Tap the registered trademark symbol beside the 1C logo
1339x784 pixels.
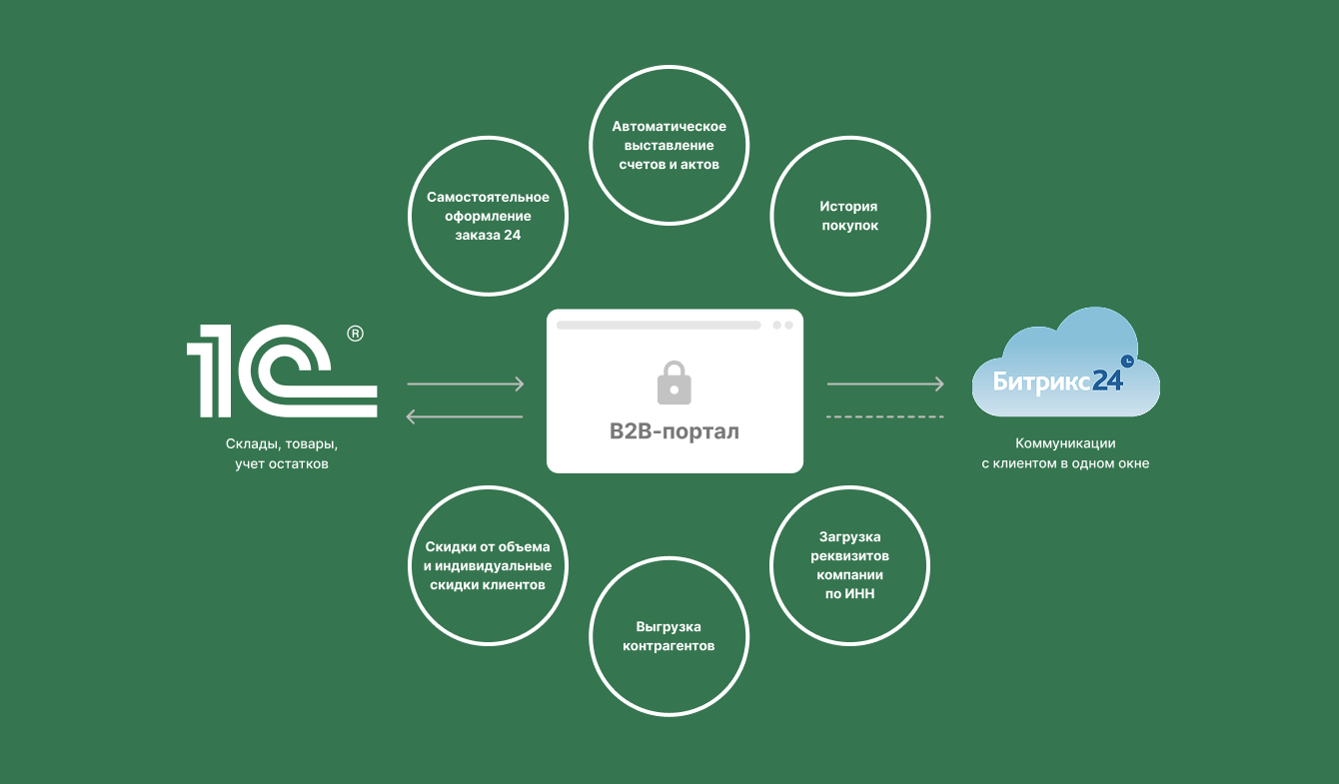[355, 335]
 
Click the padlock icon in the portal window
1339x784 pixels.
[673, 383]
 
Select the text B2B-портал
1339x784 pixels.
[674, 432]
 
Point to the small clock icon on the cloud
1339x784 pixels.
[1127, 360]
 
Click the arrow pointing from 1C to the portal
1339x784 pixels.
[466, 384]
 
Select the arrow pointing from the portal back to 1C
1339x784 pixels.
[466, 416]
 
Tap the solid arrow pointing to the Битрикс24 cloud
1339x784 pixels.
[885, 384]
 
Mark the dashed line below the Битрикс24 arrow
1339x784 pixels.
[885, 416]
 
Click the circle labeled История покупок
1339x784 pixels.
[849, 217]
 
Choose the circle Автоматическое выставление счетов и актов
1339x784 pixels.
[669, 146]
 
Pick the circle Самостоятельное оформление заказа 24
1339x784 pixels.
[488, 217]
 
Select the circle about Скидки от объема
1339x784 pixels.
[488, 565]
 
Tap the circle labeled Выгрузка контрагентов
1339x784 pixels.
[669, 636]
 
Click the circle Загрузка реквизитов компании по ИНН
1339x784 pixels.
[849, 565]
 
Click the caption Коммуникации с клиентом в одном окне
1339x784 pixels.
[1065, 453]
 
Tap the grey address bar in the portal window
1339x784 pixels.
[659, 326]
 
